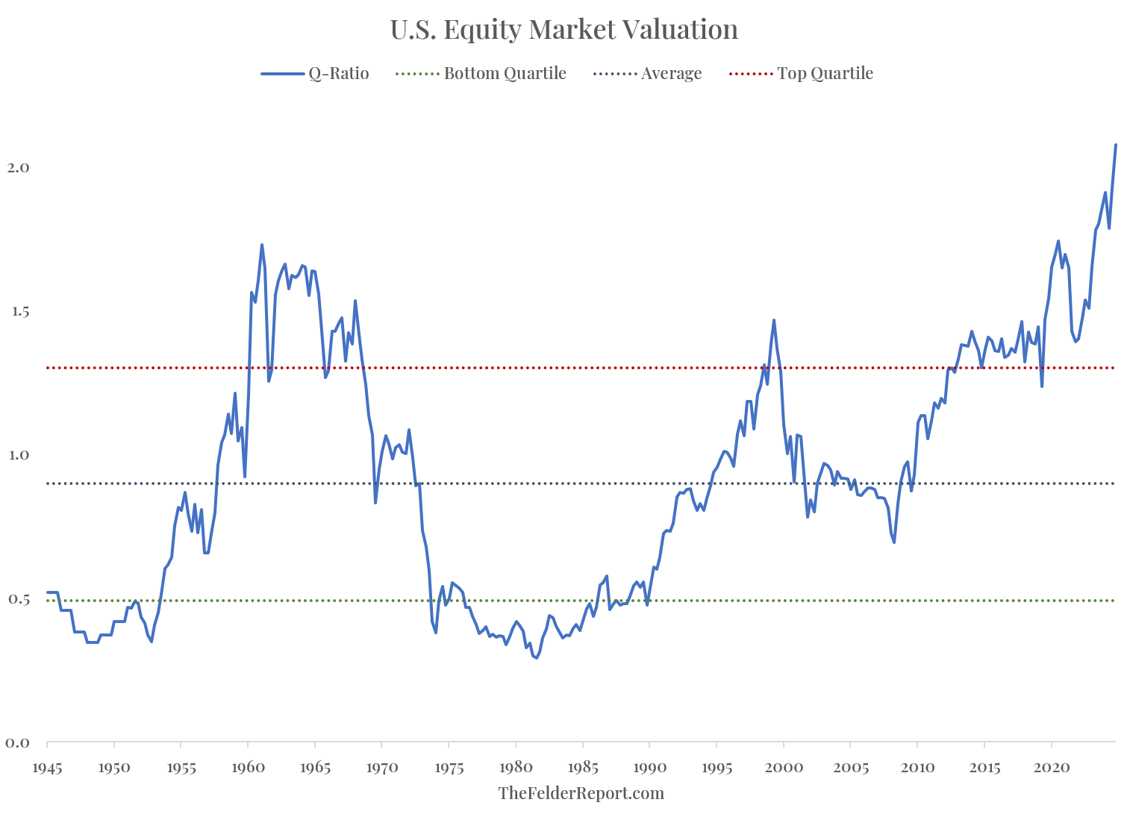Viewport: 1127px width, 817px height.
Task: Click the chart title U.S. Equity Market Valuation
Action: point(563,30)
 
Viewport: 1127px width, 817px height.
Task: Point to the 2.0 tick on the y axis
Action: point(18,167)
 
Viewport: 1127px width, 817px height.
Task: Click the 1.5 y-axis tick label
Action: point(18,311)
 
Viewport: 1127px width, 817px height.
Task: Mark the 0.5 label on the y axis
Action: point(18,599)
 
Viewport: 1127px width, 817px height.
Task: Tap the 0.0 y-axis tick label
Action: point(18,742)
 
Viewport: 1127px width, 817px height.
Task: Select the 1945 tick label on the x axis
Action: point(47,766)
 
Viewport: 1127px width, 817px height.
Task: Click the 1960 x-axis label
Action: point(248,766)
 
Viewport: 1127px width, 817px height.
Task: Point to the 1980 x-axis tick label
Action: point(516,766)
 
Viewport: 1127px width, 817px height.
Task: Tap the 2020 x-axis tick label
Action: point(1052,766)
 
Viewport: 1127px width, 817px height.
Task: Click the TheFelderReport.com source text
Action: point(581,793)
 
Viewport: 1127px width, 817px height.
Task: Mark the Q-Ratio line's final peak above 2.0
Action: point(1116,145)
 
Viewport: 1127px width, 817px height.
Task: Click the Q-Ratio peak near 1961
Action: point(262,245)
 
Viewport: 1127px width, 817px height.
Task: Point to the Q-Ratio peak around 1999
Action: point(774,320)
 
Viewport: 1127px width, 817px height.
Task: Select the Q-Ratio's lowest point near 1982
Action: point(536,657)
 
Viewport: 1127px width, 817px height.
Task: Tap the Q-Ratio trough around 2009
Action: point(894,542)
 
